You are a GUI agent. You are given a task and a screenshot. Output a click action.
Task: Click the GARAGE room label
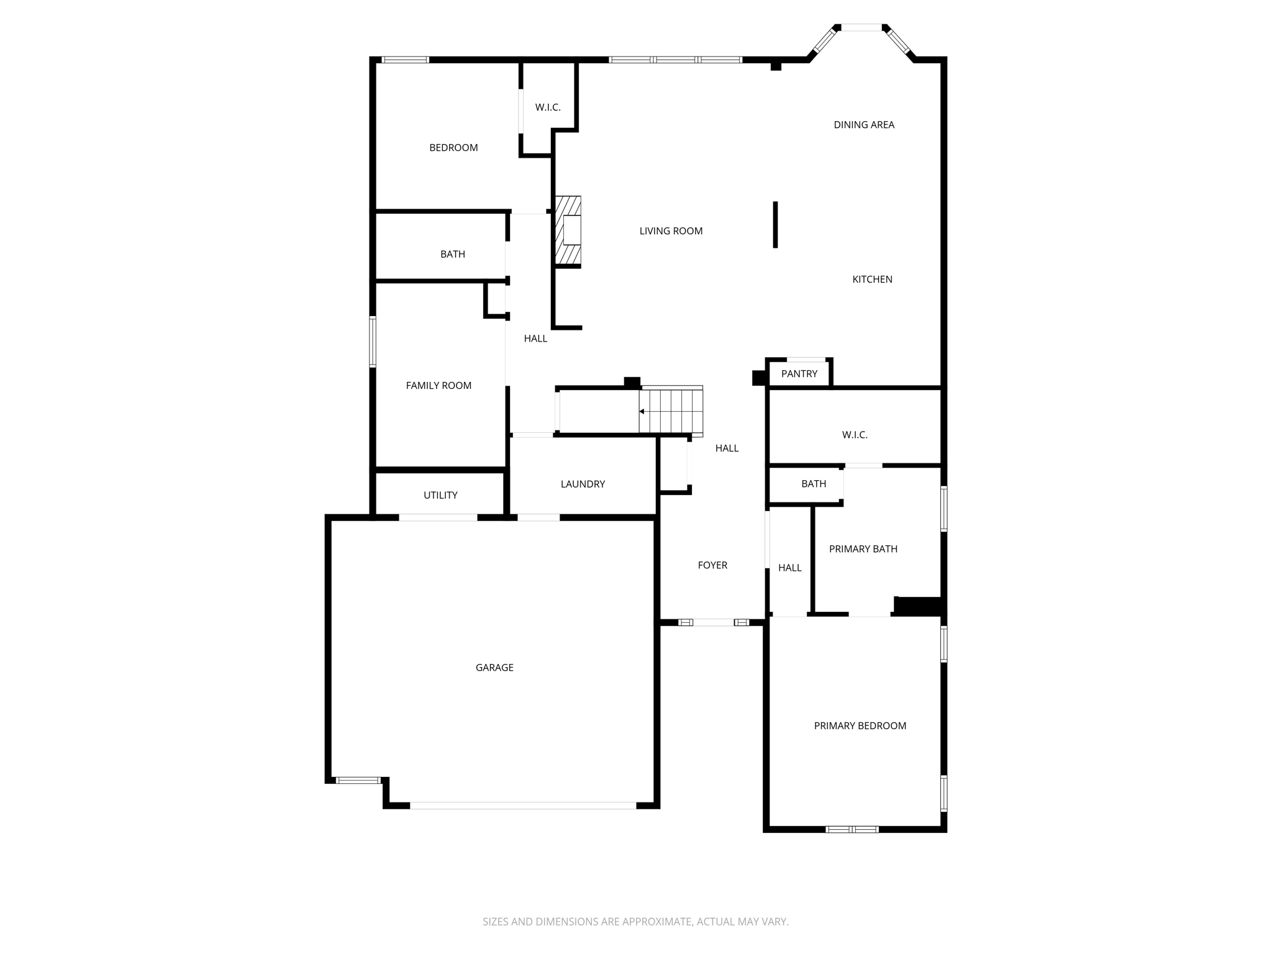494,668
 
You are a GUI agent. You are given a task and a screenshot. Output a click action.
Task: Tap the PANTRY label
799,374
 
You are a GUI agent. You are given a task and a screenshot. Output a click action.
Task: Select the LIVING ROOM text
671,231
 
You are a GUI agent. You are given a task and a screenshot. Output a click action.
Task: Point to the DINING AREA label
864,125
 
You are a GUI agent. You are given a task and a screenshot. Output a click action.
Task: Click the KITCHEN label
872,279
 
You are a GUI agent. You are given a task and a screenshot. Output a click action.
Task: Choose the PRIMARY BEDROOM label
860,725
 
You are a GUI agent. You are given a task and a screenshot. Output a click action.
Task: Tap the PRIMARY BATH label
863,549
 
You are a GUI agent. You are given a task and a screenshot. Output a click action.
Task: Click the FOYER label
712,565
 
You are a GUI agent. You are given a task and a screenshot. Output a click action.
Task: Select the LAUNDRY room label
583,484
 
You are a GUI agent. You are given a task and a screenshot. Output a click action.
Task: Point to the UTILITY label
440,495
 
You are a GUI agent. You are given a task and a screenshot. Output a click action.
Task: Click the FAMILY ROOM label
438,386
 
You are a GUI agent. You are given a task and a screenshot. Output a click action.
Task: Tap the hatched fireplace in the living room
568,230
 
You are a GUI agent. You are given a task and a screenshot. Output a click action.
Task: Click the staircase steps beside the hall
671,411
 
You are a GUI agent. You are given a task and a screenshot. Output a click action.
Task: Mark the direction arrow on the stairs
642,411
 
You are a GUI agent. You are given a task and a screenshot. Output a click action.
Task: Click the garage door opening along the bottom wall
522,806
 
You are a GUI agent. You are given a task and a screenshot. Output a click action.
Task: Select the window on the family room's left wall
373,342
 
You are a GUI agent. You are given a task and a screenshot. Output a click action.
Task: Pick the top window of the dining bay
861,27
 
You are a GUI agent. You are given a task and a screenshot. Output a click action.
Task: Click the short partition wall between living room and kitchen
775,224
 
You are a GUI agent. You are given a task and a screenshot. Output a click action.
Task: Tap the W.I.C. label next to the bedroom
548,107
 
